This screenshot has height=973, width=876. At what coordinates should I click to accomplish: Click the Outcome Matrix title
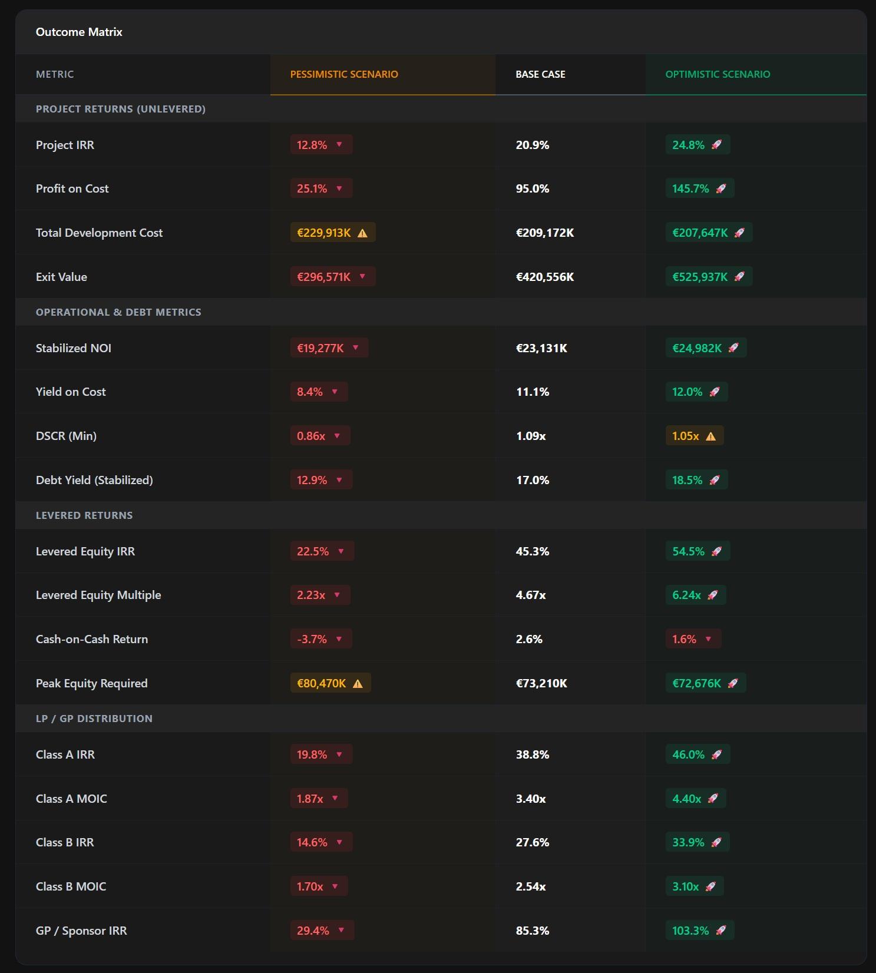pyautogui.click(x=79, y=32)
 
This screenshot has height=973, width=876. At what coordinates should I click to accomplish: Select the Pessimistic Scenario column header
pyautogui.click(x=344, y=74)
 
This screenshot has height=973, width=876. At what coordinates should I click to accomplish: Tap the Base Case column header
pyautogui.click(x=540, y=74)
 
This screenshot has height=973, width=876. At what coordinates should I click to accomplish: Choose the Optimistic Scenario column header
pyautogui.click(x=718, y=74)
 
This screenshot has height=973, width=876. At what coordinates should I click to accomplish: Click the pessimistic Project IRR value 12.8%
pyautogui.click(x=312, y=145)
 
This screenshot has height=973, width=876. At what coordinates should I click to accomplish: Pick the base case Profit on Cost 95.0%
pyautogui.click(x=533, y=188)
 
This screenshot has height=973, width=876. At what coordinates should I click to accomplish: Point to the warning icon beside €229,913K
pyautogui.click(x=363, y=233)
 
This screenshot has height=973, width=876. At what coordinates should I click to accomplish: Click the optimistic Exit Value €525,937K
pyautogui.click(x=700, y=277)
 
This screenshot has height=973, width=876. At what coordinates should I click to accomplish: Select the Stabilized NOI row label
pyautogui.click(x=74, y=348)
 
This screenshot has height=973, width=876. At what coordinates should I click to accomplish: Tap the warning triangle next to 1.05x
pyautogui.click(x=711, y=436)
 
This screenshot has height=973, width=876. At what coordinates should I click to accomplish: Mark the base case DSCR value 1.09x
pyautogui.click(x=531, y=436)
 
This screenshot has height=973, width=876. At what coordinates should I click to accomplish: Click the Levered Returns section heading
pyautogui.click(x=84, y=515)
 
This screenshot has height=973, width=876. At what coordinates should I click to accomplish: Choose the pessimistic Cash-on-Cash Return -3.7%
pyautogui.click(x=312, y=639)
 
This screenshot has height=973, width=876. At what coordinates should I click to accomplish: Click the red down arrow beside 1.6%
pyautogui.click(x=709, y=639)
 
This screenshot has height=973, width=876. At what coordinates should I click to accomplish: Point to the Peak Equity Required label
pyautogui.click(x=92, y=683)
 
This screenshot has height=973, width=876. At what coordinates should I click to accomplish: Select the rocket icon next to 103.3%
pyautogui.click(x=721, y=931)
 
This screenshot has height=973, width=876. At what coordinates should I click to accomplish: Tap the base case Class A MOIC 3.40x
pyautogui.click(x=531, y=799)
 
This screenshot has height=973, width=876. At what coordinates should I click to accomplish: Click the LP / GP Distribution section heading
pyautogui.click(x=94, y=719)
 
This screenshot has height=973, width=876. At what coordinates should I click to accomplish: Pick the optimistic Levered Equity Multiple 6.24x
pyautogui.click(x=686, y=595)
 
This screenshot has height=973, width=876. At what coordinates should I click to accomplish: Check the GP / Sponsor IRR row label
pyautogui.click(x=81, y=931)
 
